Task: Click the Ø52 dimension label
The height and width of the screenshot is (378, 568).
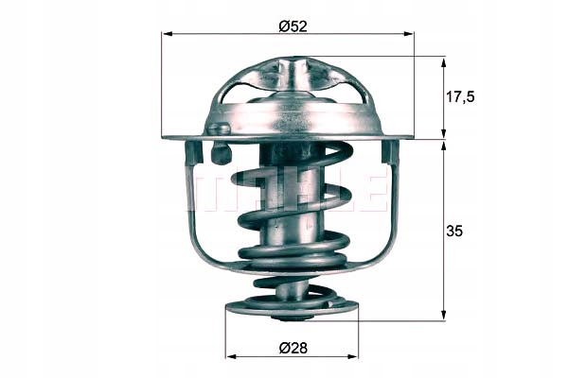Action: tap(293, 26)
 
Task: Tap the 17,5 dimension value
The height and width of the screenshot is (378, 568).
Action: tap(460, 97)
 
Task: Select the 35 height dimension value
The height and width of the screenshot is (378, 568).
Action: tap(454, 231)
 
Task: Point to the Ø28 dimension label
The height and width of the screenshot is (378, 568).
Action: tap(293, 349)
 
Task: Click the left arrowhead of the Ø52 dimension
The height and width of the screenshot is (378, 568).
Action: tap(168, 34)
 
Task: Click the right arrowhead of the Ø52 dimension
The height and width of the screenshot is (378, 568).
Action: tap(408, 34)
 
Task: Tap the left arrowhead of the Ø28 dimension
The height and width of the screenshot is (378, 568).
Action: tap(231, 356)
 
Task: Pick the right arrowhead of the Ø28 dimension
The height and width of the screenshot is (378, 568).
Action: tap(352, 356)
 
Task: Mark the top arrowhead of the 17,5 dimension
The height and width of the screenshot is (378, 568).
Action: tap(443, 63)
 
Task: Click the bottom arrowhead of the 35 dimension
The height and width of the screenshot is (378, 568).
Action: tap(443, 314)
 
